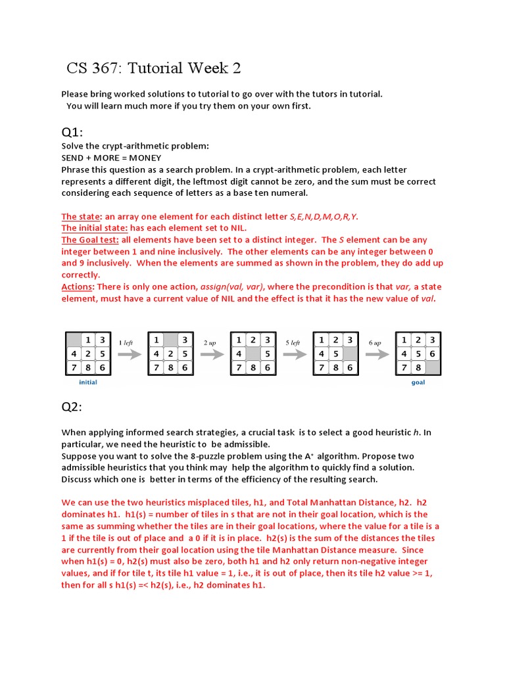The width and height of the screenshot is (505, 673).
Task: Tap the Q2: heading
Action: pos(73,407)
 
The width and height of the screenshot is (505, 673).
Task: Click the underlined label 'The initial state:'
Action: pos(94,228)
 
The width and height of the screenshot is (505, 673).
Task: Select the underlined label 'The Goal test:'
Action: pos(91,240)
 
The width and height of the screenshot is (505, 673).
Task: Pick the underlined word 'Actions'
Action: pos(78,287)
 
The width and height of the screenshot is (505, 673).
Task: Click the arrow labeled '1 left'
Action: pos(129,354)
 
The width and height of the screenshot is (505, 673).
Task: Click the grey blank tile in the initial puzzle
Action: pos(73,340)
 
